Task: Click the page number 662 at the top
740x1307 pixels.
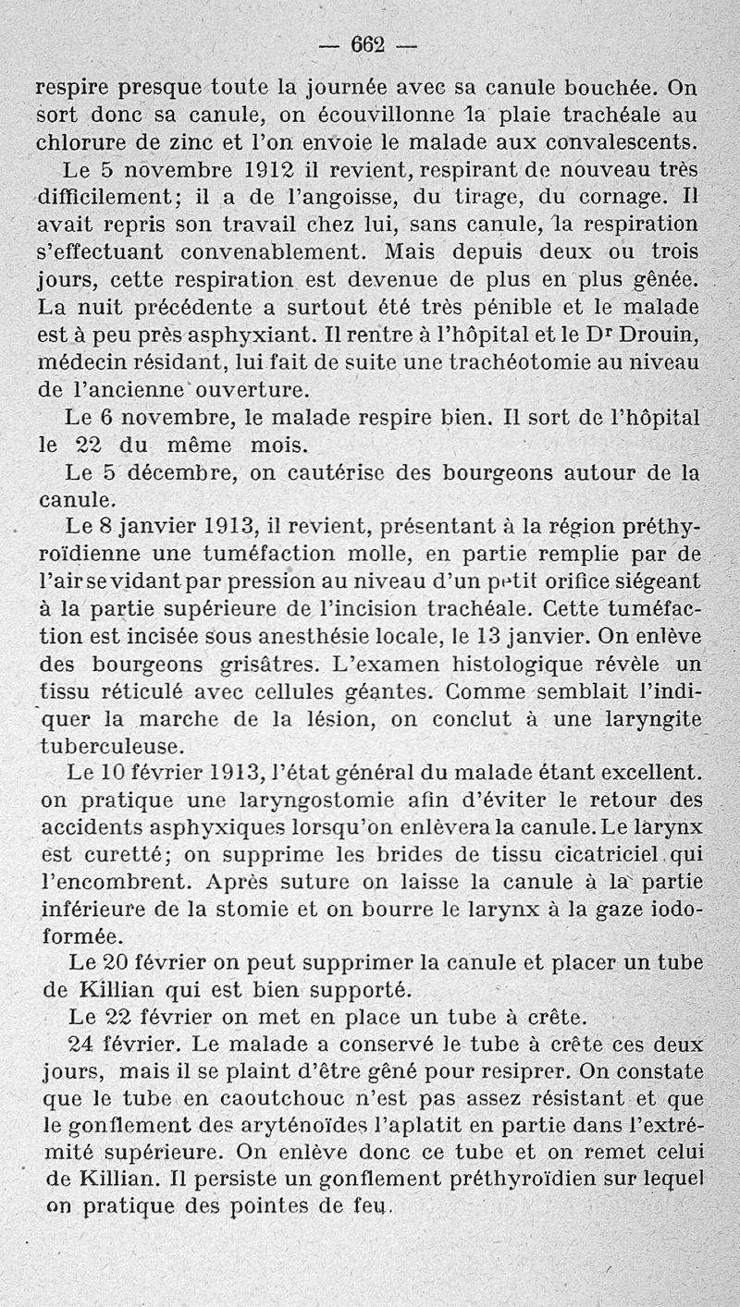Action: pyautogui.click(x=369, y=44)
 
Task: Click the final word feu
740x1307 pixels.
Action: pyautogui.click(x=376, y=1207)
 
